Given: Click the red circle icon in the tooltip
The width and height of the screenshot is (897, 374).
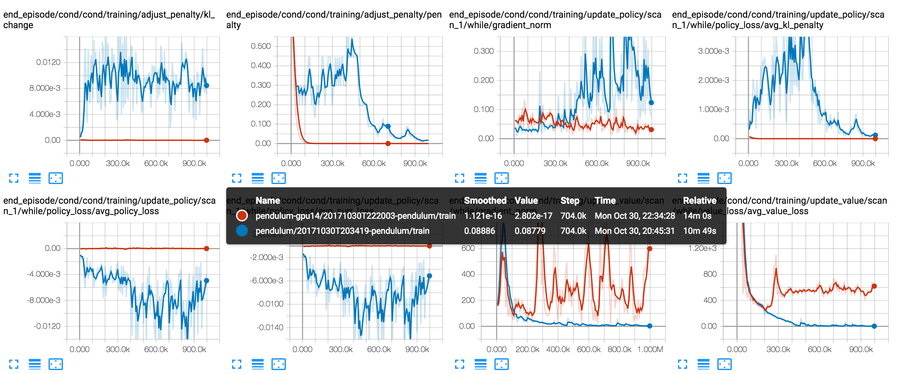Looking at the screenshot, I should (x=242, y=216).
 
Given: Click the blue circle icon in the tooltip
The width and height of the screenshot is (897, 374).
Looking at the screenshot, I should (x=242, y=231).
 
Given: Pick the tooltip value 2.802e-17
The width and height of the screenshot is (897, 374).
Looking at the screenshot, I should (x=533, y=216).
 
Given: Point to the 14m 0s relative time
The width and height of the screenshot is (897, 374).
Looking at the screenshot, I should (x=697, y=216).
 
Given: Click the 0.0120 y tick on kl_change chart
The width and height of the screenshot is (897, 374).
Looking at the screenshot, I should (x=48, y=62).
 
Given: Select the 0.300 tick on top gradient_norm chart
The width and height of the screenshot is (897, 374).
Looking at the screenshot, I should (x=483, y=51).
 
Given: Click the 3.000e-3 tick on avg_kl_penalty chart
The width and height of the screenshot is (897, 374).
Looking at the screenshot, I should (x=713, y=51).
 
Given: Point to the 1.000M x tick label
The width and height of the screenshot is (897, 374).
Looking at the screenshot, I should (x=650, y=349).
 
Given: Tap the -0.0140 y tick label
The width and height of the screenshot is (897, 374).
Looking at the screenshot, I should (x=270, y=327).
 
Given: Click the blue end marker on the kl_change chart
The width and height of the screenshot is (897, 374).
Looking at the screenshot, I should (x=207, y=85).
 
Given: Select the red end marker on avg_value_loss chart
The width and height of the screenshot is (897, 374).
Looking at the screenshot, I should (x=874, y=286).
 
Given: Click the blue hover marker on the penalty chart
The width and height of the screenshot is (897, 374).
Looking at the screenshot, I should (x=388, y=126).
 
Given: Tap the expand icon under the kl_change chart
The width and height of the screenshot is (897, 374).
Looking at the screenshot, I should (x=13, y=178).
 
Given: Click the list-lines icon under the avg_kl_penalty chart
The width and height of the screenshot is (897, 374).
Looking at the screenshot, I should (x=703, y=178).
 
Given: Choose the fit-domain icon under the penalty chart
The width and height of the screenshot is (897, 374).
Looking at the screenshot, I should (x=278, y=178).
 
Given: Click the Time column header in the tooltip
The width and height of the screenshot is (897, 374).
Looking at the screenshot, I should (x=605, y=200).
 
